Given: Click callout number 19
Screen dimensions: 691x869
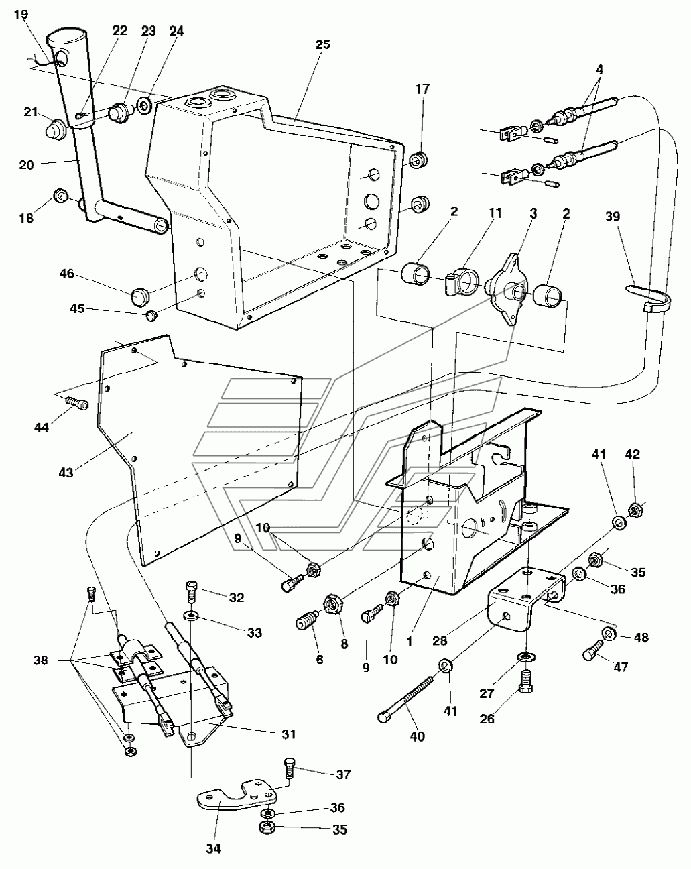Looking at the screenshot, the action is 21,15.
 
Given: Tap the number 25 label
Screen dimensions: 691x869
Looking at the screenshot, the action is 322,44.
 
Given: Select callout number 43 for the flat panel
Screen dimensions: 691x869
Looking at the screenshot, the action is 66,473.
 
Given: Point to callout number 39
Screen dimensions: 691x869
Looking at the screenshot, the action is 613,217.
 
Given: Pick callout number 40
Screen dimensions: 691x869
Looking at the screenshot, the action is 418,736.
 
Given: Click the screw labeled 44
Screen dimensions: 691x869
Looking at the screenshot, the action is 76,402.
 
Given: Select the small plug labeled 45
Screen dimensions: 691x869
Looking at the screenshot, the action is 151,315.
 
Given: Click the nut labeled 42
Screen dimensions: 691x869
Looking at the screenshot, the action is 635,511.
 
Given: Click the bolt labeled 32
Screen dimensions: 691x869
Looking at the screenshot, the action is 191,592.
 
